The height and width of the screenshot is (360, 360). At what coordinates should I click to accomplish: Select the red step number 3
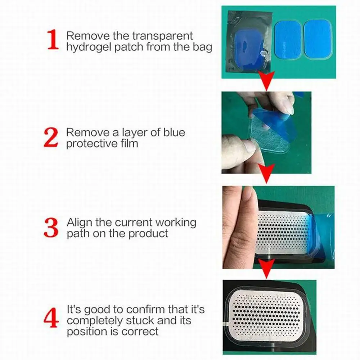click(51, 228)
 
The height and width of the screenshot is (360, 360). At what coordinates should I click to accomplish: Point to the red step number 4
click(51, 318)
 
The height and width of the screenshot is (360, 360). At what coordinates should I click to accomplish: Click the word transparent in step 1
click(162, 36)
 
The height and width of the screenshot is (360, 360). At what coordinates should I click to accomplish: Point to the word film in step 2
click(130, 144)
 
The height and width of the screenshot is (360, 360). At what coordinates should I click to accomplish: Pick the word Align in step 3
click(80, 223)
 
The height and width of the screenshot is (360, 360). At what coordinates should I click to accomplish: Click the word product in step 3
click(148, 234)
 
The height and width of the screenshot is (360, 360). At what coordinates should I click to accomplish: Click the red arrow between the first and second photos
click(266, 80)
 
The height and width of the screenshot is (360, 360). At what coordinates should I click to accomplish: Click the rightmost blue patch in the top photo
click(318, 40)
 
